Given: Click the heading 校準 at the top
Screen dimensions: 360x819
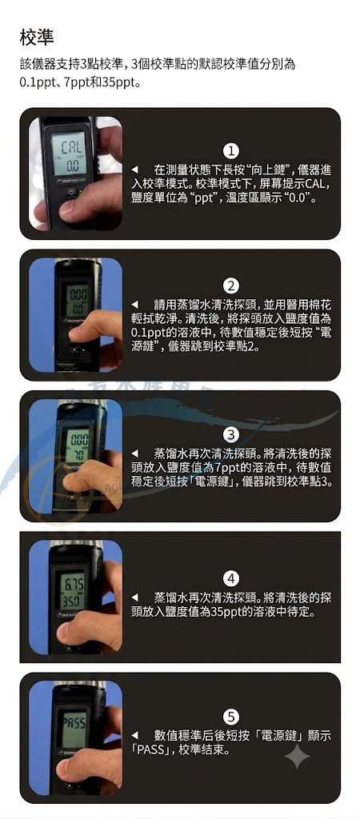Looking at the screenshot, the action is (37, 37).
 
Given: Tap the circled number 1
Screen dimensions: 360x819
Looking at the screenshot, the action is (231, 151).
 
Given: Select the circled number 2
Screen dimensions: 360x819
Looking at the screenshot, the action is (231, 286).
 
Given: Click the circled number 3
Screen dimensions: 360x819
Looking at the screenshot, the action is (231, 434).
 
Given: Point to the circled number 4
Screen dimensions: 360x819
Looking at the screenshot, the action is (231, 579).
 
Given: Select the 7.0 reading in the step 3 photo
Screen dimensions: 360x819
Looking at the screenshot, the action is (78, 453).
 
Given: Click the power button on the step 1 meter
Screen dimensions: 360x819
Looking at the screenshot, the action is (71, 192).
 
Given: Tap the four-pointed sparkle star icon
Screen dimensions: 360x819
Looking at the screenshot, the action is (297, 755).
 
